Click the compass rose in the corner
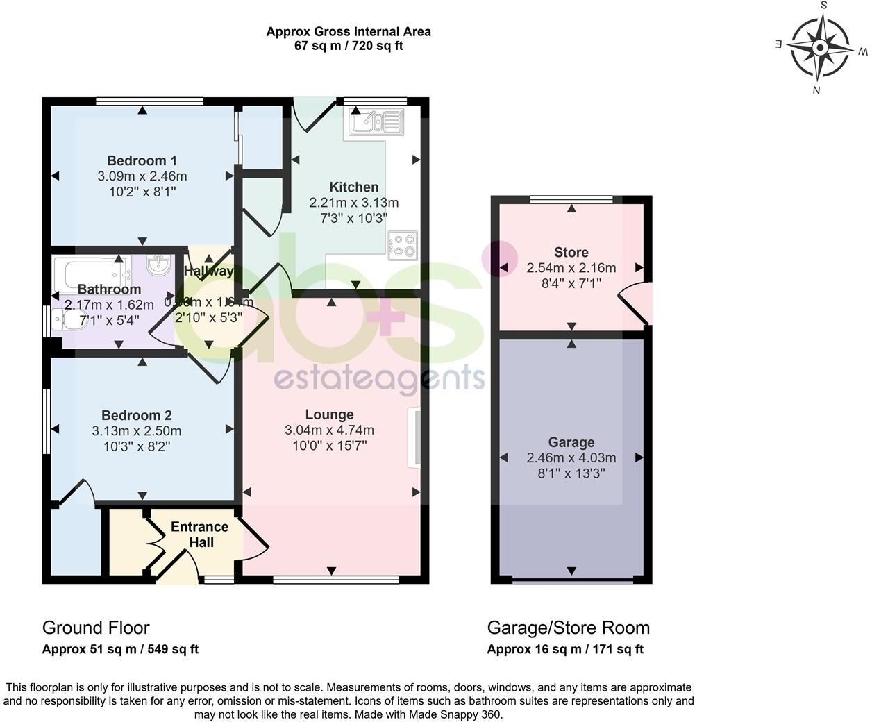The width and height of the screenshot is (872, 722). (x=820, y=48)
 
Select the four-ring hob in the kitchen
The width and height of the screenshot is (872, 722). (x=403, y=244)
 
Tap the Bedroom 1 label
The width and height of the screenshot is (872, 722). (x=142, y=160)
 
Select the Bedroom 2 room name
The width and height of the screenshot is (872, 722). (x=136, y=415)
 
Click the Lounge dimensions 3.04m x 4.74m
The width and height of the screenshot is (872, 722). (x=329, y=430)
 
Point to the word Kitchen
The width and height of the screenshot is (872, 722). (x=353, y=187)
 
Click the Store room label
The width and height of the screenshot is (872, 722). (x=571, y=252)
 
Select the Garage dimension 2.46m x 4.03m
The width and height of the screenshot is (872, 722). (x=571, y=457)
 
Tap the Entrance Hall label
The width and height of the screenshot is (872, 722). (x=200, y=535)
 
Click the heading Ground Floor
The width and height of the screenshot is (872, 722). (x=96, y=628)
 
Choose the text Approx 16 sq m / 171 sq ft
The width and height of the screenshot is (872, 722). (x=564, y=650)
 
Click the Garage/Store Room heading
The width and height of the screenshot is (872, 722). (x=568, y=628)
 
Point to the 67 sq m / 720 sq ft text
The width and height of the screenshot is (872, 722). (x=348, y=46)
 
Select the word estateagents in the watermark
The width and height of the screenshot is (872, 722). (x=379, y=379)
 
